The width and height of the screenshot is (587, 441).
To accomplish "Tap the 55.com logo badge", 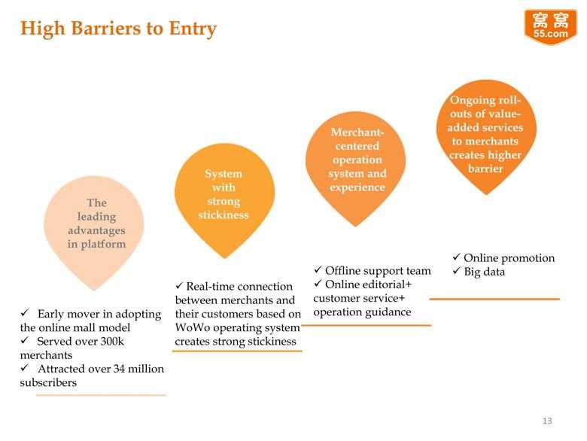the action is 551,27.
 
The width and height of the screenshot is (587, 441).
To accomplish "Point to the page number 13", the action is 547,421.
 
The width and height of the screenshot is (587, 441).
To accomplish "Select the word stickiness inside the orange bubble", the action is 224,215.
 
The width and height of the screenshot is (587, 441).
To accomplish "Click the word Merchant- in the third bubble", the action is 357,132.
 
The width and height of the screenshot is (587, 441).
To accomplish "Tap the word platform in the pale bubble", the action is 103,245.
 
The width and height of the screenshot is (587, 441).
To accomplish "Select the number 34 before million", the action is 119,369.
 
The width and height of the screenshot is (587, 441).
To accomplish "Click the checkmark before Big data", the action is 456,271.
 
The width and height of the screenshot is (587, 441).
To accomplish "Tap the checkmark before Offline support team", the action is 318,269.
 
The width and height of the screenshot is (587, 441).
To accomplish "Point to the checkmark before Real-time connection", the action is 179,285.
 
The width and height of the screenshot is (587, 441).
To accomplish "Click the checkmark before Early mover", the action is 25,312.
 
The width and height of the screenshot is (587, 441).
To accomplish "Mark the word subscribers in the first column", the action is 48,382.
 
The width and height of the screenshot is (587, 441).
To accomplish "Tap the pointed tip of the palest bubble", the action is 94,290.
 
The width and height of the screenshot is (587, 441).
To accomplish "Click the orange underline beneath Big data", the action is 494,299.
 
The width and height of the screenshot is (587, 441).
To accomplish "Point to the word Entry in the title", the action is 193,29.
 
